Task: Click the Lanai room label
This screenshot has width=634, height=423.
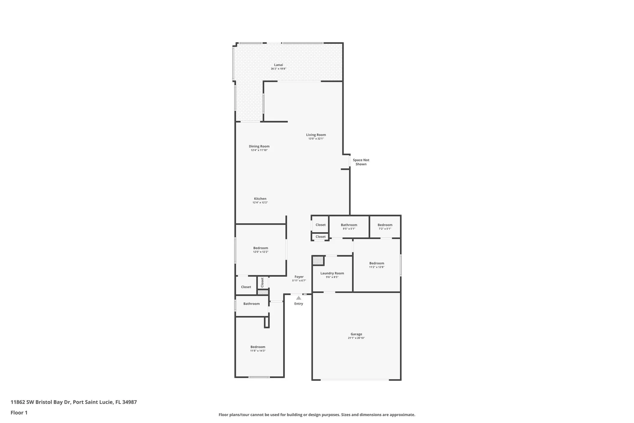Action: coord(278,65)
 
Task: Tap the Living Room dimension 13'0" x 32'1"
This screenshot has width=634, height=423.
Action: coord(316,139)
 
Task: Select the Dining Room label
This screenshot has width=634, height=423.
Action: coord(259,146)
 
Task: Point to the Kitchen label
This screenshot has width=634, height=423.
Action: coord(260,199)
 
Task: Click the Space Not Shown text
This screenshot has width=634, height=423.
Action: coord(361,162)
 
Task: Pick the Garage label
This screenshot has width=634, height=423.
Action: coord(356,334)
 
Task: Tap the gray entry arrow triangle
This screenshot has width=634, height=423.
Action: coord(299,298)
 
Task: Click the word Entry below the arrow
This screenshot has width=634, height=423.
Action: coord(298,304)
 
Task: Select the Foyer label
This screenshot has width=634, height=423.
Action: coord(299,277)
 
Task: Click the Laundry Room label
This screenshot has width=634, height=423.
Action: coord(332,273)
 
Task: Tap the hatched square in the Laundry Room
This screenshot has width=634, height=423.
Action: coord(318,261)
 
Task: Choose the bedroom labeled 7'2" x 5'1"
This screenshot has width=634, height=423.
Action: coord(385,227)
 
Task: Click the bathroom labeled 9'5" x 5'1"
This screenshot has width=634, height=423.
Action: coord(349,227)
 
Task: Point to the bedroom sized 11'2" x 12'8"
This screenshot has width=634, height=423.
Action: coord(377,265)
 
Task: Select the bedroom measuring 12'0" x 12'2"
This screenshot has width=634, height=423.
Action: coord(261,250)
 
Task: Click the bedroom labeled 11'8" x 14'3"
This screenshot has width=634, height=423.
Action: coord(258,348)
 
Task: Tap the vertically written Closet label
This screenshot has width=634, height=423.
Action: coord(262,282)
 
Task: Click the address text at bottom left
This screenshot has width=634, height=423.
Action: coord(74,402)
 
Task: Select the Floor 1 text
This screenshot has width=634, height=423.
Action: coord(19,413)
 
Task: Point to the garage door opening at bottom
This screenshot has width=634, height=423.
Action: coord(354,380)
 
